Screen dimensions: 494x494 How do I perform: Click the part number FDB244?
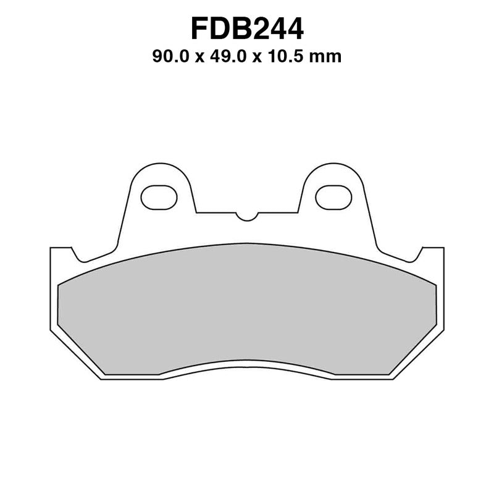(x=247, y=30)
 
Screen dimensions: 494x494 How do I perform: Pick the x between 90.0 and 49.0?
(x=199, y=58)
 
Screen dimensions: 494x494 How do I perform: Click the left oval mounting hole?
(x=159, y=197)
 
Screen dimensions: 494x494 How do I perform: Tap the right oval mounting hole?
(x=333, y=197)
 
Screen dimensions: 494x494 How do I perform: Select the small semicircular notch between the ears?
(x=246, y=216)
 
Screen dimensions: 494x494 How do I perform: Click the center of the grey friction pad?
(x=247, y=309)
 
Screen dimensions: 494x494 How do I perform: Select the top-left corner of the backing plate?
(x=51, y=248)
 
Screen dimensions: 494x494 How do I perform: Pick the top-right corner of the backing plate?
(x=443, y=248)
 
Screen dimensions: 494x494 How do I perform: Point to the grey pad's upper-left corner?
(x=59, y=284)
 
